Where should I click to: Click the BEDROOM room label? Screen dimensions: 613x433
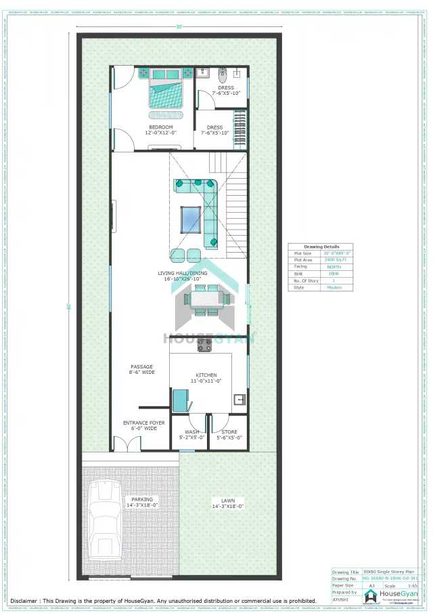pyautogui.click(x=160, y=127)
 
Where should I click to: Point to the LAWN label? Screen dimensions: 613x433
pyautogui.click(x=227, y=501)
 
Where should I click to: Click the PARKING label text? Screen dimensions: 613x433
pyautogui.click(x=142, y=501)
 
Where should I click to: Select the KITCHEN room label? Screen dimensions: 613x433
pyautogui.click(x=206, y=375)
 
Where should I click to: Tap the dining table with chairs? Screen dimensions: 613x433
pyautogui.click(x=208, y=300)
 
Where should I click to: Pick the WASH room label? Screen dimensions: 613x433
pyautogui.click(x=192, y=431)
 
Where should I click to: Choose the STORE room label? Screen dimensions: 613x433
pyautogui.click(x=229, y=431)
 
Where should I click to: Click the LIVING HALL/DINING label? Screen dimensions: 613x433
pyautogui.click(x=182, y=273)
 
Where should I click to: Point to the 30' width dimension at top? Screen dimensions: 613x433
pyautogui.click(x=179, y=27)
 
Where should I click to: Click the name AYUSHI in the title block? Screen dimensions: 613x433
pyautogui.click(x=340, y=599)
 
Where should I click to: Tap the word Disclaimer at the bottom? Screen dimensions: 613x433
pyautogui.click(x=24, y=601)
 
